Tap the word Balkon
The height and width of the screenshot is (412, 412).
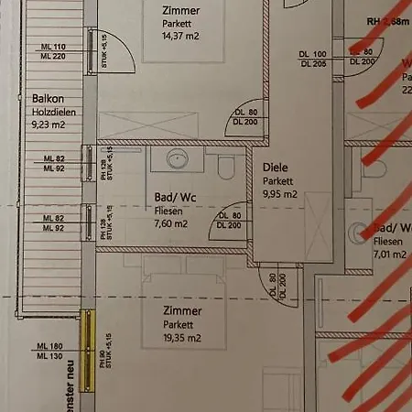click(47, 98)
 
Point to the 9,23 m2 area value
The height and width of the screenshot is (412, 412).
click(49, 127)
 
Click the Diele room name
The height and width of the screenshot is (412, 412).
click(275, 168)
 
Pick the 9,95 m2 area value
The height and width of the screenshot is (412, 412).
click(279, 194)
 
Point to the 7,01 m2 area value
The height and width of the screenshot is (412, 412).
click(392, 255)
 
